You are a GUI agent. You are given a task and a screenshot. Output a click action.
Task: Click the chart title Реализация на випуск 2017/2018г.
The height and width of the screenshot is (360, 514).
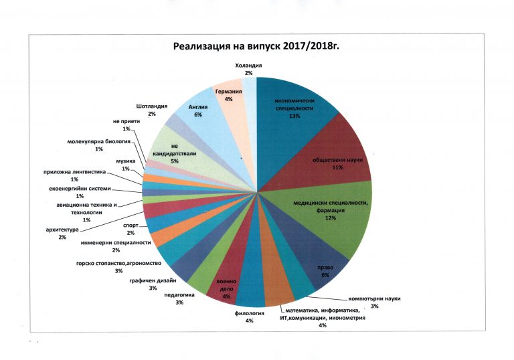[x=256, y=46]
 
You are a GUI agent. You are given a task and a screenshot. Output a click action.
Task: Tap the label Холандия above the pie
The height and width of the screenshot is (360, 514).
[x=248, y=66]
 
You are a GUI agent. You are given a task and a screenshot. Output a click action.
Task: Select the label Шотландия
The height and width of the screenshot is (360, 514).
[x=152, y=106]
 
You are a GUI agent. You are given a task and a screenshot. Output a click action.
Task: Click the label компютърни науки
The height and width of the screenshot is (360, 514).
[x=374, y=298]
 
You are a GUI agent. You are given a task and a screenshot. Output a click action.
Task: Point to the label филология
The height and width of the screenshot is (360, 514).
[x=249, y=313]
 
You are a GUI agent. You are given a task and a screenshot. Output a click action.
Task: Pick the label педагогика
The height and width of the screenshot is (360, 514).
[x=179, y=295]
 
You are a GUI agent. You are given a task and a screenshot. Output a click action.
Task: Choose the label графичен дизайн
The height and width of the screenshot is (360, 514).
[x=153, y=280]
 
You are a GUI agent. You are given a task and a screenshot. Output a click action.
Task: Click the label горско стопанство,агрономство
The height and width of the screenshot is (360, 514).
[x=118, y=263]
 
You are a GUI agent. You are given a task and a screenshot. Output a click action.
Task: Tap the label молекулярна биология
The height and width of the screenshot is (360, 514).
[x=98, y=142]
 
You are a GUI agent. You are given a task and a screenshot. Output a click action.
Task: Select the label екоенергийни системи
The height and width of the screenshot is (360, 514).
[x=80, y=189]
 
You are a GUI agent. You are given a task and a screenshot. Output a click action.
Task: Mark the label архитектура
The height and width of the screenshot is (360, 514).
[x=62, y=230]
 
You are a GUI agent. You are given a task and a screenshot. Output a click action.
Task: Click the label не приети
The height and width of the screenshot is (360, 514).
[x=126, y=121]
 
